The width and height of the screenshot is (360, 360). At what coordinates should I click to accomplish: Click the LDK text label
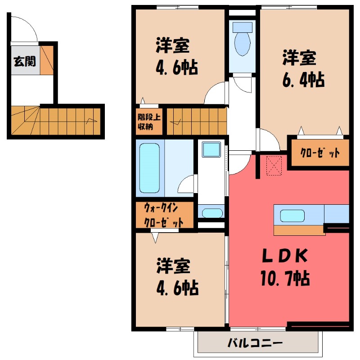click(284, 257)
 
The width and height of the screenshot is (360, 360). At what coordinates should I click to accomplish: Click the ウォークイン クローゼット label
click(164, 216)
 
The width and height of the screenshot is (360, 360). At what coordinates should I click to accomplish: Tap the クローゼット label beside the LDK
click(320, 153)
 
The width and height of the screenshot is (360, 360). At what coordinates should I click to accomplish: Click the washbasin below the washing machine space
click(211, 212)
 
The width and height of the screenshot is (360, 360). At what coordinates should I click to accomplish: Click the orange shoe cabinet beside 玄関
click(47, 59)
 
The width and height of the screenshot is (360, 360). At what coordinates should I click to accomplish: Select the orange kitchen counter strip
click(299, 230)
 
